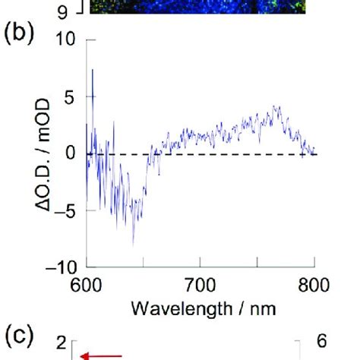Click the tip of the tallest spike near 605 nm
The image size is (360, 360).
[93, 70]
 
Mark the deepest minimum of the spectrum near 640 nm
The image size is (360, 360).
[134, 245]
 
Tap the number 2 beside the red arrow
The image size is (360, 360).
[62, 344]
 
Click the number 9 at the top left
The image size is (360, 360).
[62, 9]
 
